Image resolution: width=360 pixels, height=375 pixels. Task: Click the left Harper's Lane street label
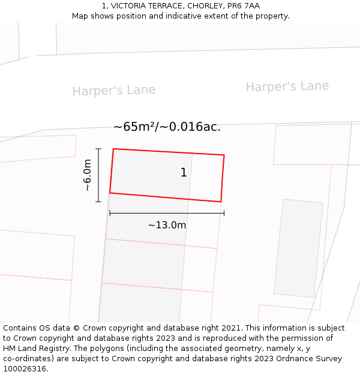pos(114,91)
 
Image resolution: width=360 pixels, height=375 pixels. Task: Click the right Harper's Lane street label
pos(287,86)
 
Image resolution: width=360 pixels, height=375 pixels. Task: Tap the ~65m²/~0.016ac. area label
pos(167,127)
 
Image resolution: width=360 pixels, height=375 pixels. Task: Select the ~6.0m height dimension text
pos(88,175)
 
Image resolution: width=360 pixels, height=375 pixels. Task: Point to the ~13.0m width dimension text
pos(167,226)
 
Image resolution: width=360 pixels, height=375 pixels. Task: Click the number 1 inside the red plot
pos(184,173)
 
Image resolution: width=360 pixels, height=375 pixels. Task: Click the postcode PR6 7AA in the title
pos(244,6)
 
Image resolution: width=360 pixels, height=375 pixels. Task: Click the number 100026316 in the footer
pos(23,369)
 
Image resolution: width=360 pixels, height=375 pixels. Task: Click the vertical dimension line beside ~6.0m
pos(98,175)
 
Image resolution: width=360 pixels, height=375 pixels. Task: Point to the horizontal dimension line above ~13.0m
pos(167,213)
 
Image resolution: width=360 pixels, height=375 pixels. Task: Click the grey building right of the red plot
pos(298,248)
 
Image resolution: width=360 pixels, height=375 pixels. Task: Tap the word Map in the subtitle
pos(80,16)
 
